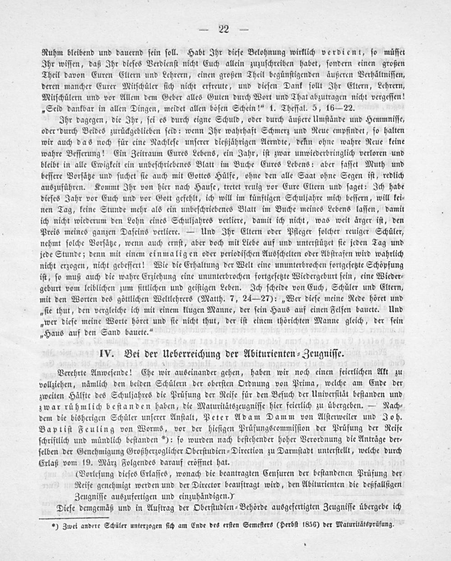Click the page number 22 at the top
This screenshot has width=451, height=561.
tap(224, 30)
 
